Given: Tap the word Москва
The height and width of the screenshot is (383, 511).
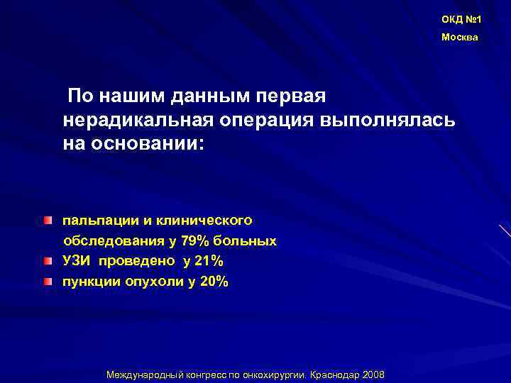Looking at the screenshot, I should (460, 37).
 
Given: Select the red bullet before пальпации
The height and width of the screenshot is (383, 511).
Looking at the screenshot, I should (47, 221).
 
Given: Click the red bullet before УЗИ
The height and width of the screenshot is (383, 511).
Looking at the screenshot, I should (47, 261).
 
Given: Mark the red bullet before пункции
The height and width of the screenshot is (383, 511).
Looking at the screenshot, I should (47, 282).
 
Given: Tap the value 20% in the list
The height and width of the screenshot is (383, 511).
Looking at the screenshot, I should (214, 282).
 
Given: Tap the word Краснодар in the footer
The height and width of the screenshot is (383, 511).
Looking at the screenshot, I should (335, 374).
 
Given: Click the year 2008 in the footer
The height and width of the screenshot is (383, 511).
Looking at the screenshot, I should (373, 374).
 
